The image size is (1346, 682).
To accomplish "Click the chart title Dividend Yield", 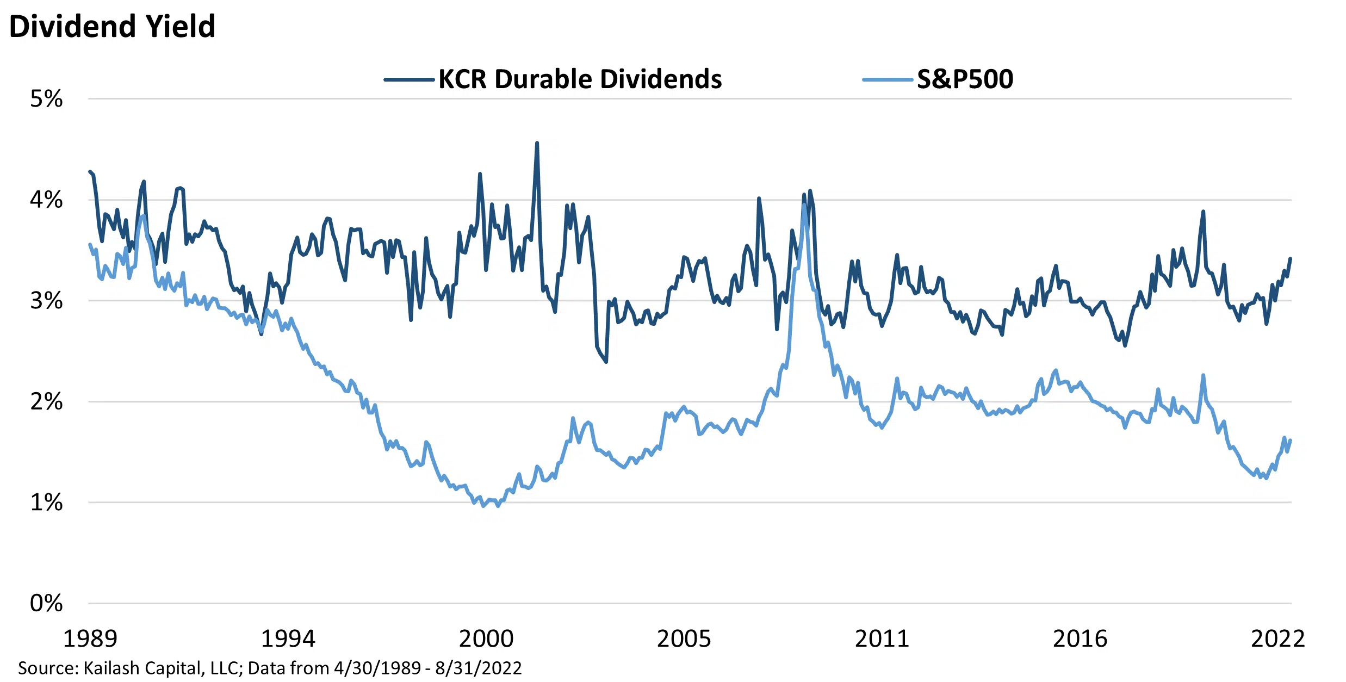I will tap(113, 26).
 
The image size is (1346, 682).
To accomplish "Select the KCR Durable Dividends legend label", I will tap(580, 79).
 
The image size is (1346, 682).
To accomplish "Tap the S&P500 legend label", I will tap(965, 79).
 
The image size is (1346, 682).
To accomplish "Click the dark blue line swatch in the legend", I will tap(408, 80).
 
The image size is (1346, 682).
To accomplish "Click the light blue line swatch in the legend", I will tap(887, 80).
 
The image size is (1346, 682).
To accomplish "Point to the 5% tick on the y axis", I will tap(46, 99).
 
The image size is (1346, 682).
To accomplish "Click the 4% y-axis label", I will tap(46, 200).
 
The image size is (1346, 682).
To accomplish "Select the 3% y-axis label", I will tap(46, 301).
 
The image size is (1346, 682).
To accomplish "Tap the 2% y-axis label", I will tap(46, 401).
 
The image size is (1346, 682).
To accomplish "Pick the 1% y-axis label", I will tap(46, 503).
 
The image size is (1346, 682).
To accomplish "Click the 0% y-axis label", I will tap(46, 603).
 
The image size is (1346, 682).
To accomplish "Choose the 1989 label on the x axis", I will tap(90, 638).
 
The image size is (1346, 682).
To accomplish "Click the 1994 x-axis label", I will tap(288, 638).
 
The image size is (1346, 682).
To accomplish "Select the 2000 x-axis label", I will tap(486, 638).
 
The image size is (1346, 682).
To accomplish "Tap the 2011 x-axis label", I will tap(882, 638).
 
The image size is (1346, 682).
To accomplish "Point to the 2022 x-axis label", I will tap(1278, 638).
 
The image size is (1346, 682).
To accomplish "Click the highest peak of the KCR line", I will tap(537, 143).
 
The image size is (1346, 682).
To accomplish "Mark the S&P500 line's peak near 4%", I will tap(804, 205).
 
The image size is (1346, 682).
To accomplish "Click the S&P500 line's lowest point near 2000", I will tap(483, 506).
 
